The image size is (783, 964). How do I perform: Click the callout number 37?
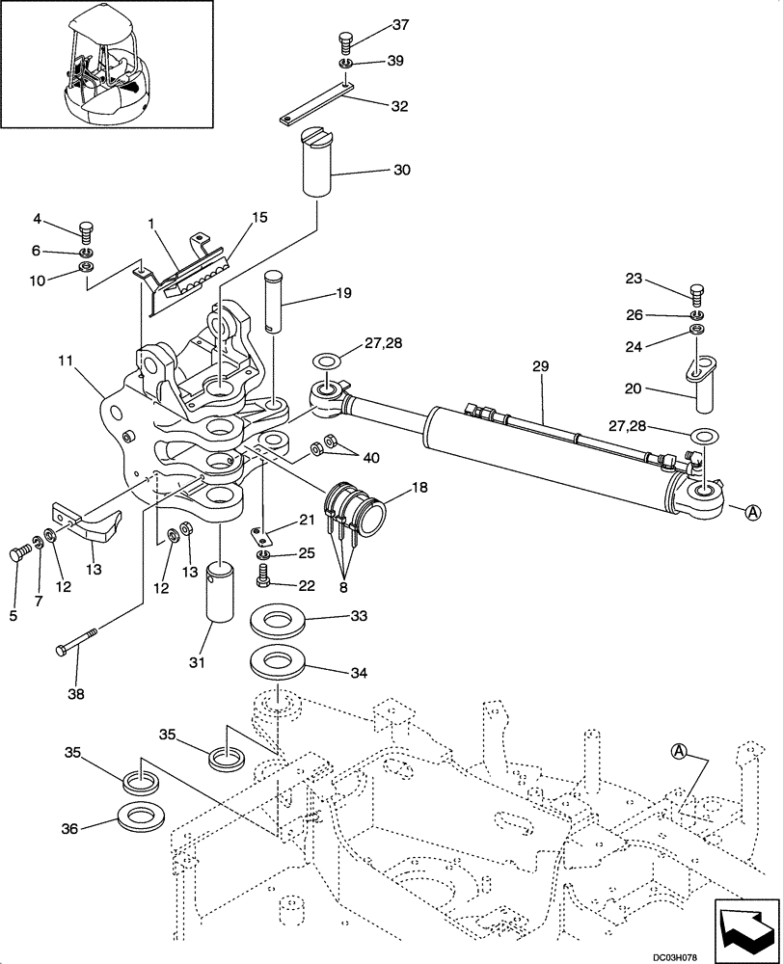(373, 24)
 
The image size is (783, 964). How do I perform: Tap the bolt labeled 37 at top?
(345, 40)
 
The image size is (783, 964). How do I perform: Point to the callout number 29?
(540, 366)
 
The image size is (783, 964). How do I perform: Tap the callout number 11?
(65, 362)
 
